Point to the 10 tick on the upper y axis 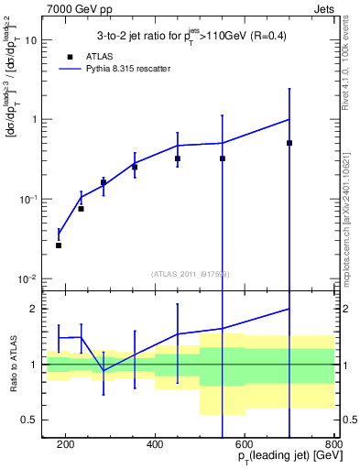[x=31, y=40]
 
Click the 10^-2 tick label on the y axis [x=27, y=278]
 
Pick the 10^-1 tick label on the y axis [x=27, y=199]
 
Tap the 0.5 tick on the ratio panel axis [x=30, y=420]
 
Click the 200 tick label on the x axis [x=65, y=445]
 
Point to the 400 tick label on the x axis [x=155, y=445]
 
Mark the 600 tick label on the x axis [x=245, y=445]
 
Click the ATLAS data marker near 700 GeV [x=289, y=143]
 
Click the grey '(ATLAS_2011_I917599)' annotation [x=190, y=274]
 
